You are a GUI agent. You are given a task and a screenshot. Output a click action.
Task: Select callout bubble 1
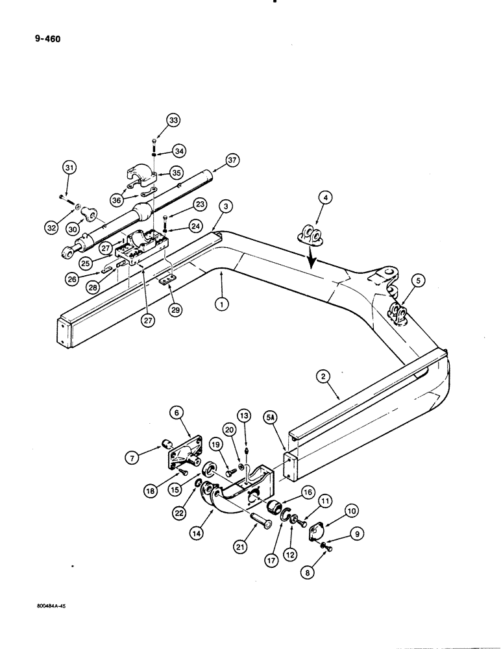[222, 302]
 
